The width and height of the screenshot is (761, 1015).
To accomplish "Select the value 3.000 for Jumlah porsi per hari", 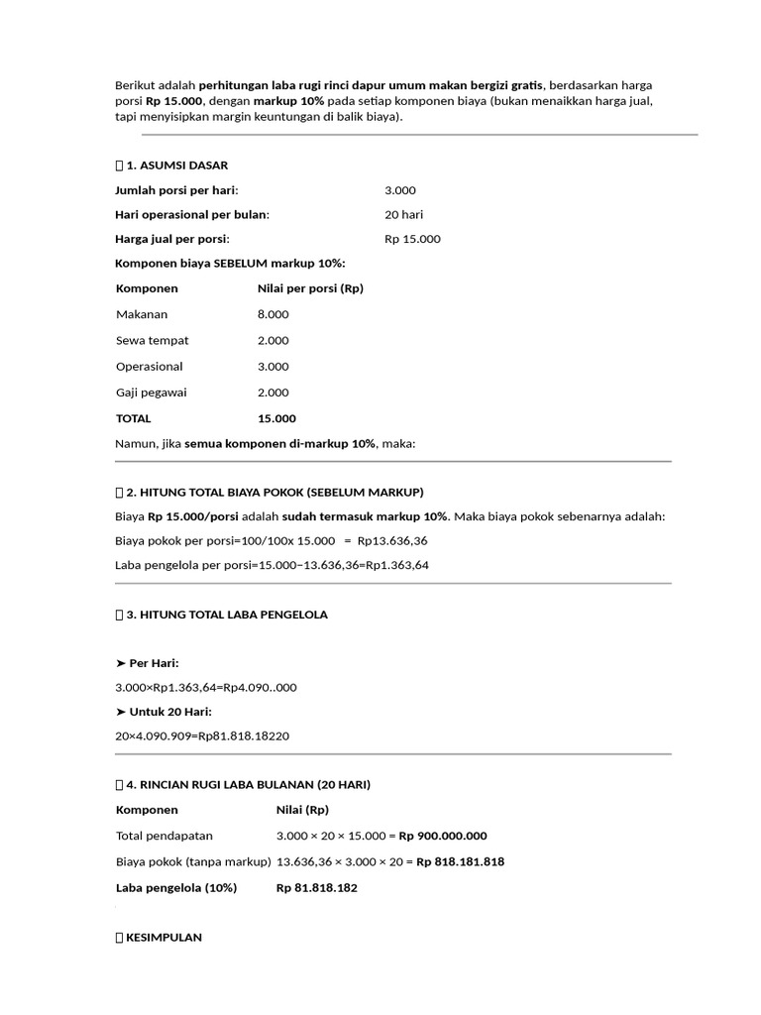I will (400, 190).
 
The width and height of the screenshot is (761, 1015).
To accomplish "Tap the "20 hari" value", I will (405, 214).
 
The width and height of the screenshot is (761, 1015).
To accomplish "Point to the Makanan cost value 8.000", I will (272, 314).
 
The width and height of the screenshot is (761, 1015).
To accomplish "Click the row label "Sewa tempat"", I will (152, 340).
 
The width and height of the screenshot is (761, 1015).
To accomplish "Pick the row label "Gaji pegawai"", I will (151, 393).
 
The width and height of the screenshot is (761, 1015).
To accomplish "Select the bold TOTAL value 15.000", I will (276, 418).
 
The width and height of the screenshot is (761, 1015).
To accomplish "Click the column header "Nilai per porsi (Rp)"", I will (310, 288).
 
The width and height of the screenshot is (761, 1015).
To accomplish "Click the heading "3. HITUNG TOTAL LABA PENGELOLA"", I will (226, 615).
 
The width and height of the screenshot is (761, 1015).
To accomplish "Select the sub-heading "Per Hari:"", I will (154, 662).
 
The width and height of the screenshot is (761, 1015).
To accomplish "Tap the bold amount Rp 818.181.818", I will (460, 861).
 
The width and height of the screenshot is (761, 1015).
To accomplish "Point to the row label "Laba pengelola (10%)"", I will (176, 888).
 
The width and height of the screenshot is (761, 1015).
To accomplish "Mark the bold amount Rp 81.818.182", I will (316, 888).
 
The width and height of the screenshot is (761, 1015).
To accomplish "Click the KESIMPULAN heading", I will (163, 937).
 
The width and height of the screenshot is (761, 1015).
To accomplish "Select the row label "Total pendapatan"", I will (163, 836).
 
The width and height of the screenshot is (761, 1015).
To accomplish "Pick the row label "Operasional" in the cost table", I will (150, 367).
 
